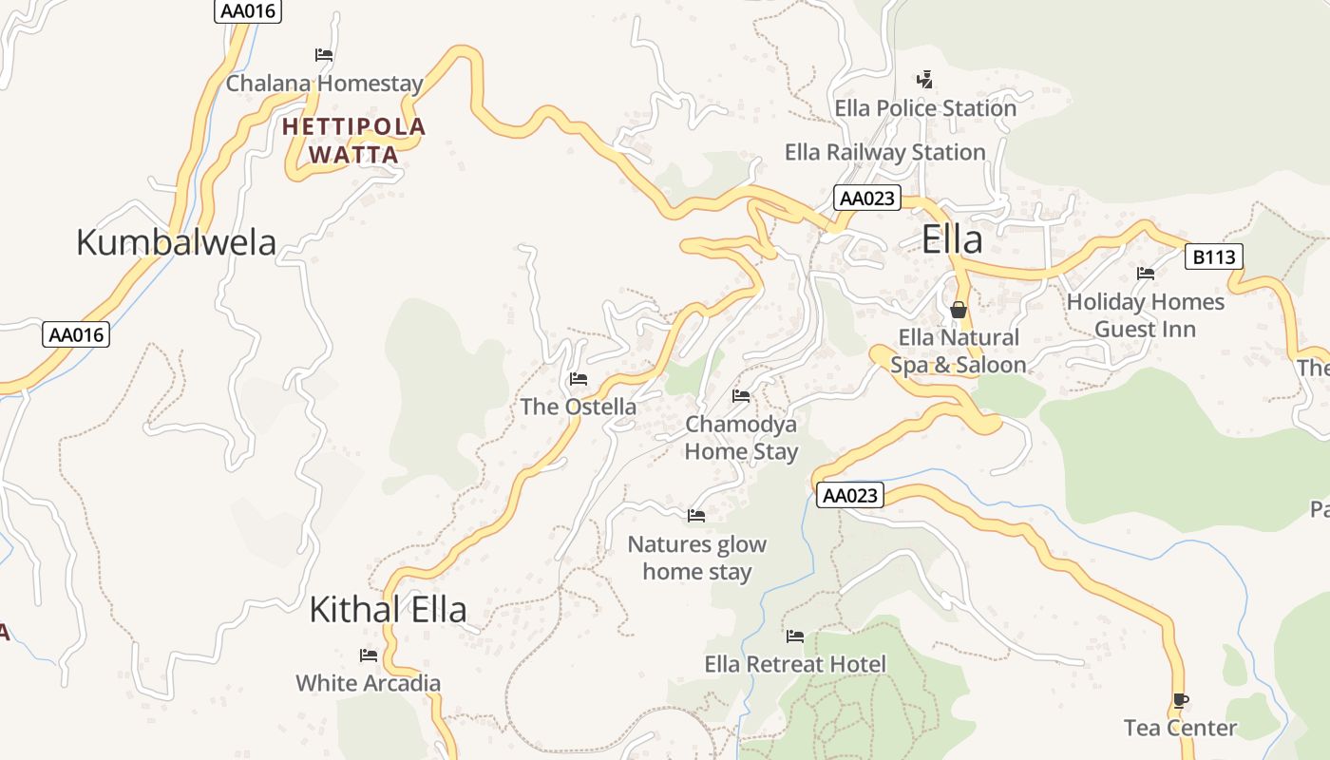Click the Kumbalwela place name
[176, 242]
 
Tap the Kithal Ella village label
[388, 610]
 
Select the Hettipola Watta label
[354, 140]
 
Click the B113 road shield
[1214, 256]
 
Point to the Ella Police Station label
[925, 108]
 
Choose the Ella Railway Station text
[884, 152]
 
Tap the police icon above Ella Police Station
[924, 80]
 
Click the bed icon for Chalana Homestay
[324, 55]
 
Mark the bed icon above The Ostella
[578, 379]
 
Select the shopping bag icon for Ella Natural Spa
[959, 310]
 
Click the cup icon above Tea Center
[1180, 701]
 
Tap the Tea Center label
[1180, 729]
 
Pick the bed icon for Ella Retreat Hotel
[795, 636]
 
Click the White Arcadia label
[369, 683]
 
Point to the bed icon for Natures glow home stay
[696, 516]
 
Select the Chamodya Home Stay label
[742, 437]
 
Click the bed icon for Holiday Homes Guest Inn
[1146, 274]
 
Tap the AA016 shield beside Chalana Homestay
[249, 11]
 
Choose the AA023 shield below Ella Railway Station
[866, 198]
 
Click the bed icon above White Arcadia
[369, 655]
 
